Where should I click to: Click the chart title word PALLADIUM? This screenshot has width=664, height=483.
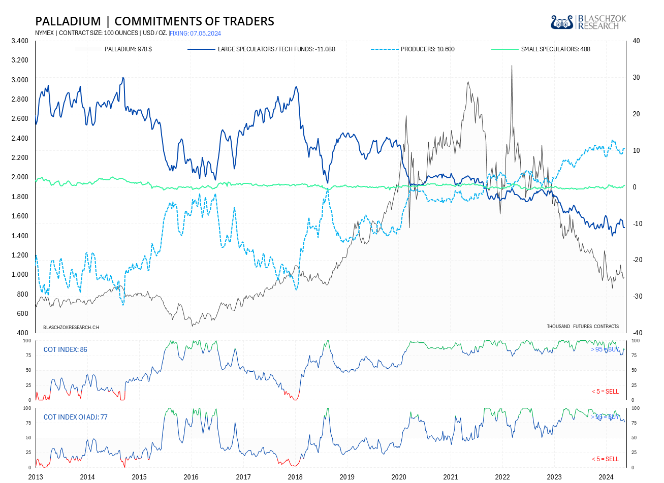tap(68, 21)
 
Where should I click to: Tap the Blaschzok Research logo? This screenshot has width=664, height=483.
tap(588, 22)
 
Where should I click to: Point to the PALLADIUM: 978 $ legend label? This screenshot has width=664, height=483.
tap(128, 49)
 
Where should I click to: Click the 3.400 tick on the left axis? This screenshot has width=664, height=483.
tap(20, 41)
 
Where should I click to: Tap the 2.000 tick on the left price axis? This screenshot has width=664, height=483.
tap(20, 177)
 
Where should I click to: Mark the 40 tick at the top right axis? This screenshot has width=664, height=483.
tap(636, 41)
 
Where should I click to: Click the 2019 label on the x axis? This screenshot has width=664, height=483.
tap(347, 477)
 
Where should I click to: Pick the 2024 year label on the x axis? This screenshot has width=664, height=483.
tap(606, 477)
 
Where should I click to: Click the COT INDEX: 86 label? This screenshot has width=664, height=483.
tap(65, 349)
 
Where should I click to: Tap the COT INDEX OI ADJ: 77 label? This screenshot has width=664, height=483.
tap(75, 417)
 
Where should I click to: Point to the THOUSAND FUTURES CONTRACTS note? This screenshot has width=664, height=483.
tap(583, 327)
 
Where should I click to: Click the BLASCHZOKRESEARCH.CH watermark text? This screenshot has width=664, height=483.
tap(71, 328)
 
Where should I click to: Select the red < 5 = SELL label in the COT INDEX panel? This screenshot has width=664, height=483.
tap(605, 392)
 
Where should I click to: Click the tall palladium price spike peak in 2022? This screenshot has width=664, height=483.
tap(512, 66)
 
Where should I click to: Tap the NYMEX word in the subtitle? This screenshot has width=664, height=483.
tap(45, 34)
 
